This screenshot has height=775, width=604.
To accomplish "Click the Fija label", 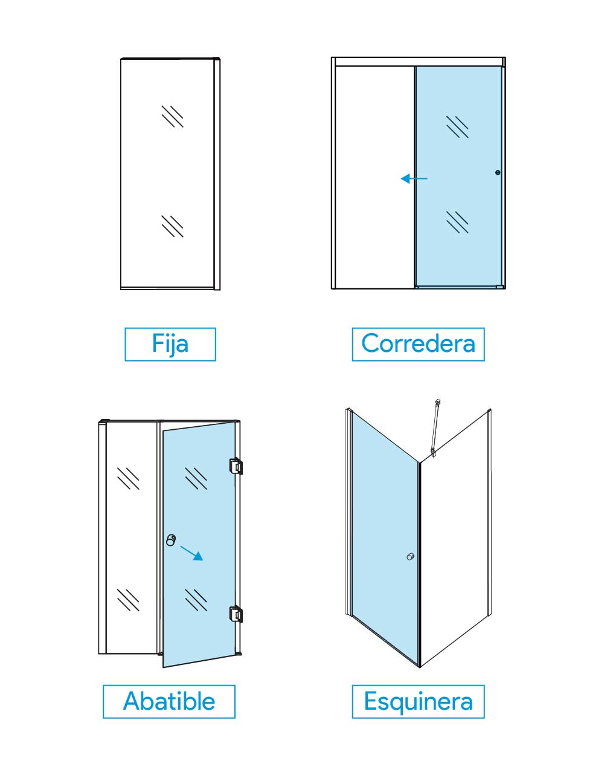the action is pos(170,344).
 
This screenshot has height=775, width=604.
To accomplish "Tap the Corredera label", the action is pos(418,344).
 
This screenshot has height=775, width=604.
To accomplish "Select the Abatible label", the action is pos(169,701).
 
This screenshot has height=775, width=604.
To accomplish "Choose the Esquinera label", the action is pos(418,701).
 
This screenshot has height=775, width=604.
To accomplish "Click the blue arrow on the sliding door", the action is pos(414,178).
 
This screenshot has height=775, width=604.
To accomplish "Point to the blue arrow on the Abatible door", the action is pos(191,553).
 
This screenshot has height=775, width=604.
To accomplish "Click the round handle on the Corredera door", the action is pos(498,173).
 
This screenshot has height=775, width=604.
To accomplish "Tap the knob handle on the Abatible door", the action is pos(171,540).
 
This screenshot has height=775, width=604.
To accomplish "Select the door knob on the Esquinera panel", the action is pos(411,556).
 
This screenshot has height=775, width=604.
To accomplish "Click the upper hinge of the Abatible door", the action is pos(236,467).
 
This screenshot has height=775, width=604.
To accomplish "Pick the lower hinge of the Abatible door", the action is pos(236,614).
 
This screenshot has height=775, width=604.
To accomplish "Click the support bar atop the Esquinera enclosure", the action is pos(435,427).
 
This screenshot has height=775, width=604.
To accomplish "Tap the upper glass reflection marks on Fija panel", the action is pos(172,116).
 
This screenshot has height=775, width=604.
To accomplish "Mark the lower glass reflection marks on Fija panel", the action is pos(172,226).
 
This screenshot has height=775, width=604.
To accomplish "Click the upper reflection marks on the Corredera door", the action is pos(457,127).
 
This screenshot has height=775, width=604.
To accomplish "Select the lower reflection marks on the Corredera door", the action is pos(457,222).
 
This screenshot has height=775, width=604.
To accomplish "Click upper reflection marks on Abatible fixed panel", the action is pos(128,479).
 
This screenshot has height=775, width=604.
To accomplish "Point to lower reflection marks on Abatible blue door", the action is pos(196,600).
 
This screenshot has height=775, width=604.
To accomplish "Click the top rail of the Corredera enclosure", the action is pos(419,62).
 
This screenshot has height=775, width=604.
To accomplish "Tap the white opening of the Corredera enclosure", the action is pos(375,177).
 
